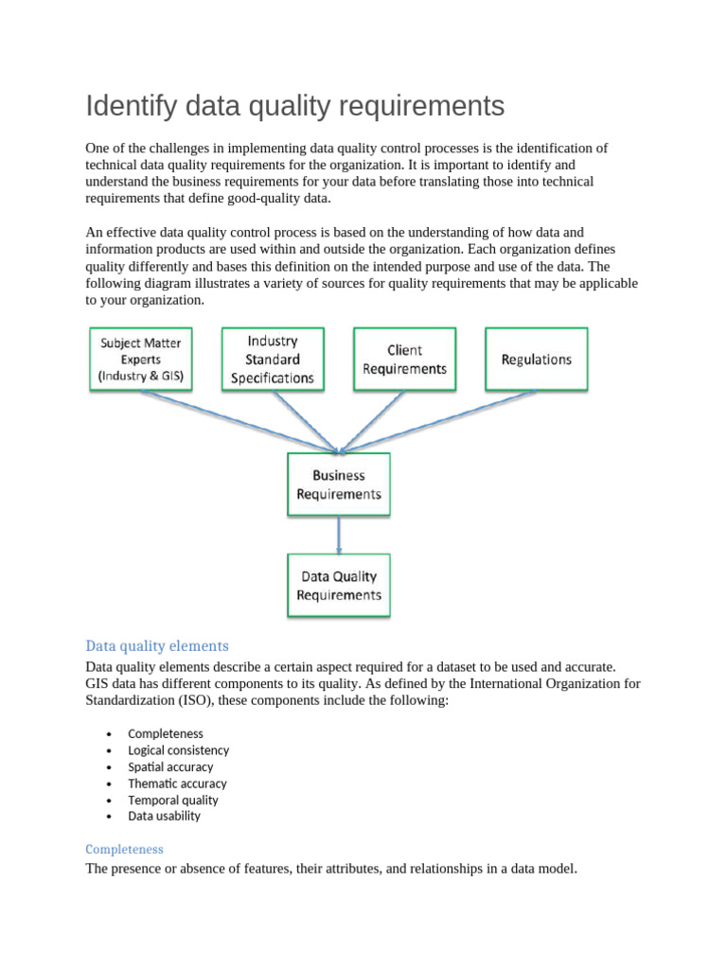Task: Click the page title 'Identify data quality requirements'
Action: coord(294,106)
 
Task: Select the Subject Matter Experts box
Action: coord(140,360)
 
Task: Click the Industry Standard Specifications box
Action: coord(273,360)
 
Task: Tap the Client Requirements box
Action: coord(404,360)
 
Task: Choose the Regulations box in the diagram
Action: coord(536,360)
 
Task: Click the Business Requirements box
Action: coord(339,484)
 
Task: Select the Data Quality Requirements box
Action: coord(339,586)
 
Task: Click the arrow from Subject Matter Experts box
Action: coord(237,420)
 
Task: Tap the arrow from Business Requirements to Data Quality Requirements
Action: coord(339,535)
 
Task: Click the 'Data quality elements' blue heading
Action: coord(157,646)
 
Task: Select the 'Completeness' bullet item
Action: coord(166,733)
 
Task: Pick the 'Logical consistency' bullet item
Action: coord(178,750)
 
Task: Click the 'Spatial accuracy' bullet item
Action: coord(170,766)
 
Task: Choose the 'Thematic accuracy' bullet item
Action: coord(177,784)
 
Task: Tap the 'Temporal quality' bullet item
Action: coord(173,800)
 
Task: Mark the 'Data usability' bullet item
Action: coord(164,816)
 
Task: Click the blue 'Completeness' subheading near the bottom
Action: coord(124,849)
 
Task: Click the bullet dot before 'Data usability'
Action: coord(111,817)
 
